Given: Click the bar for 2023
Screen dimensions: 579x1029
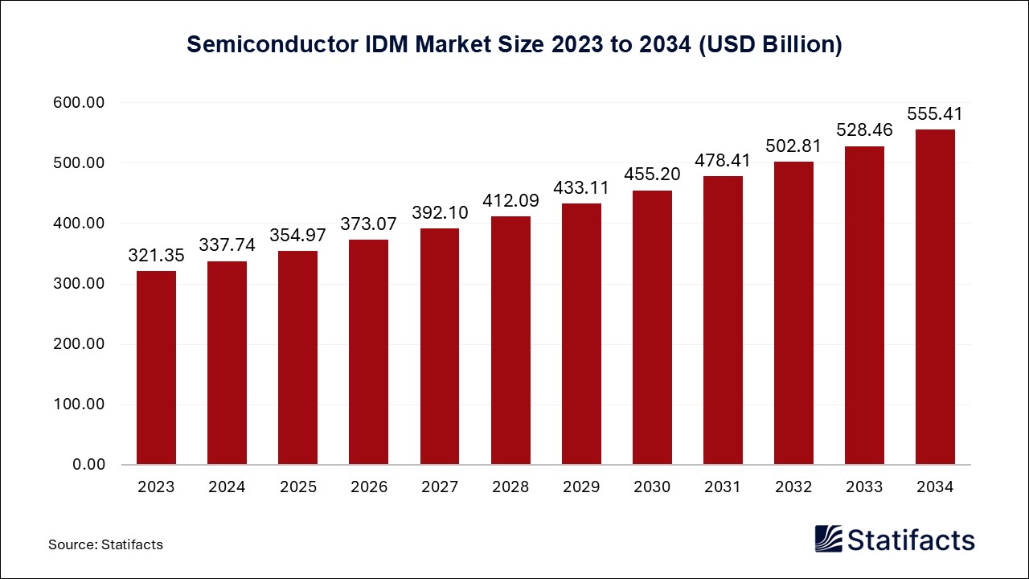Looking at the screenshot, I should coord(156,368).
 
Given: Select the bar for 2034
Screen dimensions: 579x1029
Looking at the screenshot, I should coord(935,297).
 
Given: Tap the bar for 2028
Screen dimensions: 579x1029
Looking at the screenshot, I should coord(510,340).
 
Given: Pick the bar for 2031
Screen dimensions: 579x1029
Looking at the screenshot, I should coord(723,320).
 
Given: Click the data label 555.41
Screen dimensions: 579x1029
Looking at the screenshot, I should coord(935,114).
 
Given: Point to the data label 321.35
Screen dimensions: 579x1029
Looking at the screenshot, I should coord(156,256).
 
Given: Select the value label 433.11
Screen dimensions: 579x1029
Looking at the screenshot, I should coord(581,188).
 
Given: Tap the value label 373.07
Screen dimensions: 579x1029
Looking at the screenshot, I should coord(369,224).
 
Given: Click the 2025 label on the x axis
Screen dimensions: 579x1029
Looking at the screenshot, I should coord(297,487).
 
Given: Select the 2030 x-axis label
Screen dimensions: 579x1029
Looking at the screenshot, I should coord(652,487).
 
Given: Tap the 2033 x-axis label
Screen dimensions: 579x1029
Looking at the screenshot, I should coord(864,487).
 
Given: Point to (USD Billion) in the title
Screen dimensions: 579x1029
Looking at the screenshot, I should coord(769,44).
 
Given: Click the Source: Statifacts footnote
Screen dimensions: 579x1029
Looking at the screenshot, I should coord(105,544).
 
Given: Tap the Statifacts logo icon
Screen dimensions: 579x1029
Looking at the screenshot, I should coord(829,539).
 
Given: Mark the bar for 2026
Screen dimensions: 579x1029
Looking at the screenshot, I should coord(369,351).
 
